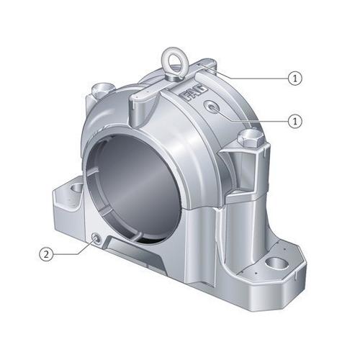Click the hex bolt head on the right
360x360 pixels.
click(249, 137)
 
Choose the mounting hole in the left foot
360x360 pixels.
click(74, 189)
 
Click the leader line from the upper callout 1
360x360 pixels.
click(252, 76)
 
